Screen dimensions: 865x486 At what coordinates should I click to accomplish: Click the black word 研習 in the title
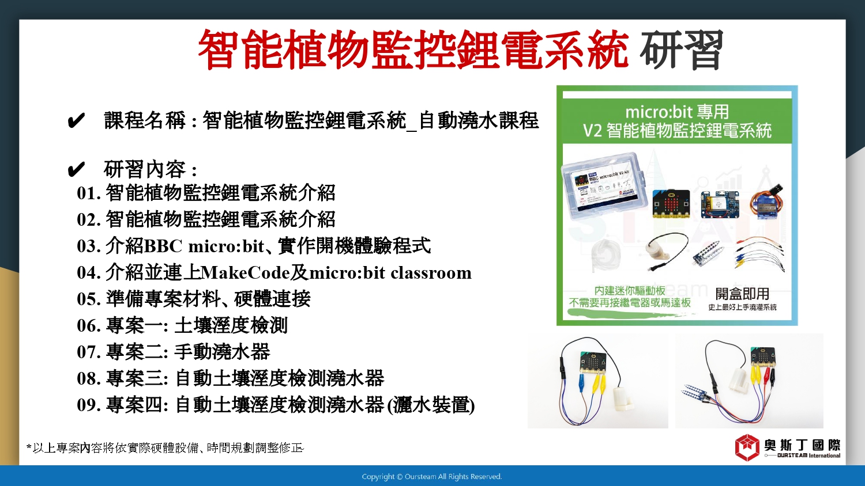tap(681, 50)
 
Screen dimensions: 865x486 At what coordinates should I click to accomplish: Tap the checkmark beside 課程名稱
tap(76, 121)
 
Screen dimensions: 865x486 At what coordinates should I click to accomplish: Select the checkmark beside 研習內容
tap(76, 169)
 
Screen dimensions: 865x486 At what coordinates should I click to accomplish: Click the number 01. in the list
tap(89, 193)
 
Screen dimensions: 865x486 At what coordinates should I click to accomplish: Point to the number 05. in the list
tap(89, 299)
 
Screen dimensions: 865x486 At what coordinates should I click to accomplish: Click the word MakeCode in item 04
tap(246, 273)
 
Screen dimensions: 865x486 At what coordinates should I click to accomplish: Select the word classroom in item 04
tap(431, 273)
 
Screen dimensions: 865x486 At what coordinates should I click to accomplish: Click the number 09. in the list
tap(89, 405)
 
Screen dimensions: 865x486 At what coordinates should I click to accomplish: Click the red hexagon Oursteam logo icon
tap(747, 447)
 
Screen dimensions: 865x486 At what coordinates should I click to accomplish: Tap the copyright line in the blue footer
tap(432, 477)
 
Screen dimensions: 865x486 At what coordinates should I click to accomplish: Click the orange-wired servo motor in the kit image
tap(767, 201)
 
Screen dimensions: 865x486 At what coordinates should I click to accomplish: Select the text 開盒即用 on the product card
tap(742, 294)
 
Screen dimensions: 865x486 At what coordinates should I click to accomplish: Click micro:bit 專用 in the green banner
tap(677, 112)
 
